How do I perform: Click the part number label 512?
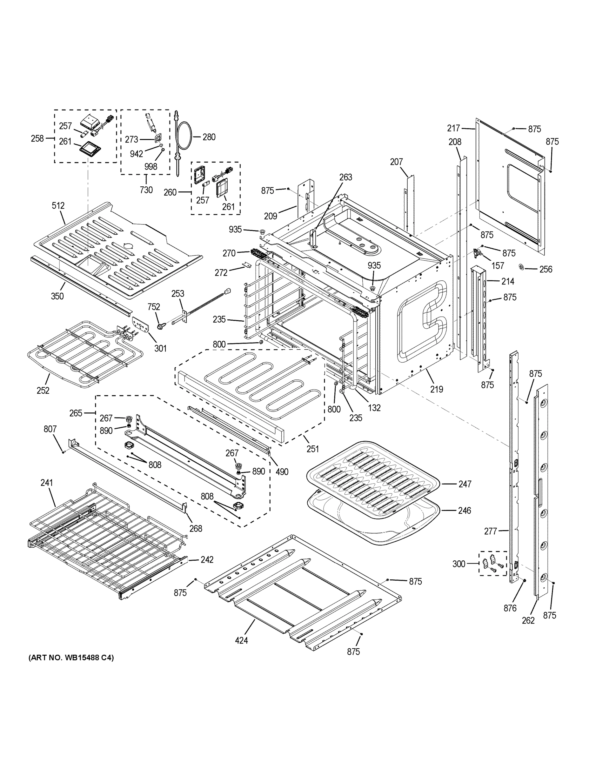pyautogui.click(x=58, y=205)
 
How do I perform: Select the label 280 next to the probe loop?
pyautogui.click(x=209, y=137)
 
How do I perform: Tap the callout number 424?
pyautogui.click(x=241, y=640)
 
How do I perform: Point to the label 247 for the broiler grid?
pyautogui.click(x=465, y=484)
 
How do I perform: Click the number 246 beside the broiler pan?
pyautogui.click(x=465, y=511)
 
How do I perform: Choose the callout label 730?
pyautogui.click(x=146, y=190)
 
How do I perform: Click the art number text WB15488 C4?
pyautogui.click(x=71, y=658)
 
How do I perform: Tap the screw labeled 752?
pyautogui.click(x=161, y=326)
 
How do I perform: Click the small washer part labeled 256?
pyautogui.click(x=522, y=267)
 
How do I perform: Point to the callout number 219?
pyautogui.click(x=437, y=389)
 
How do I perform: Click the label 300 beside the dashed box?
pyautogui.click(x=459, y=564)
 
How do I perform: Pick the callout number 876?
pyautogui.click(x=510, y=608)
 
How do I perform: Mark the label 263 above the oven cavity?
pyautogui.click(x=345, y=177)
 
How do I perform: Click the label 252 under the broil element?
pyautogui.click(x=43, y=391)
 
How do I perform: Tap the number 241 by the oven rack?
pyautogui.click(x=46, y=483)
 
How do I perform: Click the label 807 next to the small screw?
pyautogui.click(x=50, y=429)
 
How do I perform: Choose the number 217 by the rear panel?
pyautogui.click(x=454, y=128)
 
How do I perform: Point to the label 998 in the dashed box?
pyautogui.click(x=151, y=167)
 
